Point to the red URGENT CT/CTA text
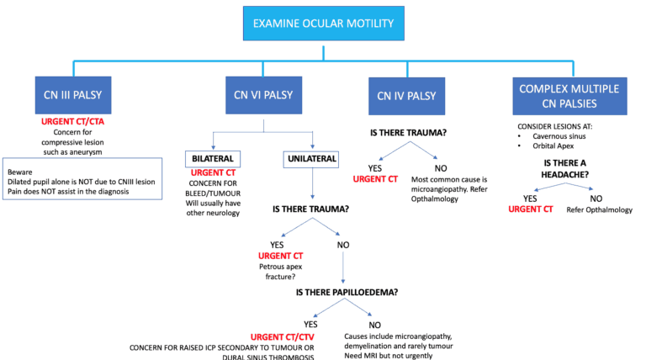point(74,123)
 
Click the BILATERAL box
point(214,158)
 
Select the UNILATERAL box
point(312,158)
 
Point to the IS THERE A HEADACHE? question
point(572,171)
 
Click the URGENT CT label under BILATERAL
point(214,173)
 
